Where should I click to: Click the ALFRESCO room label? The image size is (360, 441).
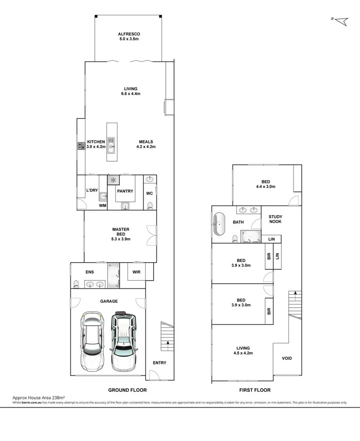click(129, 34)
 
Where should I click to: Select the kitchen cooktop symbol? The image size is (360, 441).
click(82, 146)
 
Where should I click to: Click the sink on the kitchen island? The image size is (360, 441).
click(111, 144)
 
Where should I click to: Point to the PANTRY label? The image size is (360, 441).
click(125, 191)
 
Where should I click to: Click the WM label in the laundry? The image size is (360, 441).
click(103, 206)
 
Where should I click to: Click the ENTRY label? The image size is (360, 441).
click(159, 363)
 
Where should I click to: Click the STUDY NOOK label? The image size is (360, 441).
click(275, 219)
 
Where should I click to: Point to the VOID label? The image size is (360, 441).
click(287, 359)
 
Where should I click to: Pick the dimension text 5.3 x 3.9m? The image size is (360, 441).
click(121, 239)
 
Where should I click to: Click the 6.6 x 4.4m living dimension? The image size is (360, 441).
click(131, 94)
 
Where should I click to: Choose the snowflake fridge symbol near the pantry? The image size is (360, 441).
click(113, 180)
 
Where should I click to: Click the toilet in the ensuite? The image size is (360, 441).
click(76, 283)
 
